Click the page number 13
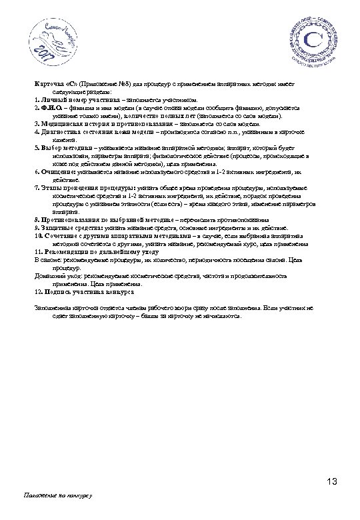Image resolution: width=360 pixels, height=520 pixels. pos(333,482)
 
